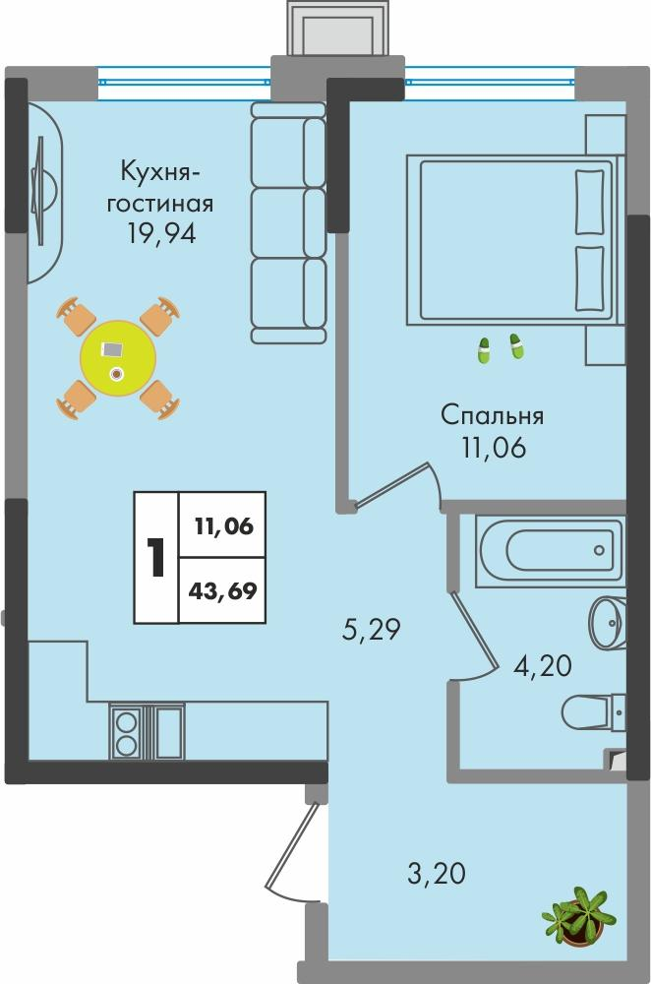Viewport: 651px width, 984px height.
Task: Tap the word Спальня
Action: click(492, 415)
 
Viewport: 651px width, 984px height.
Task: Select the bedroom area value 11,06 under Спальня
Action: click(492, 449)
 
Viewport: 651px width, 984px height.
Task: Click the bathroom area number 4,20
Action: click(543, 667)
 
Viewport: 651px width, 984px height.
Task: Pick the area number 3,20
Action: click(435, 872)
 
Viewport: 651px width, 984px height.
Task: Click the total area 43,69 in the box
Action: click(223, 591)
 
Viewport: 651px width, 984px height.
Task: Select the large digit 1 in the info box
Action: click(156, 557)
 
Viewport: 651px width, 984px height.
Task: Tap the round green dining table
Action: click(119, 355)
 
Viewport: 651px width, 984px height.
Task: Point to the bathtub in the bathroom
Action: click(549, 544)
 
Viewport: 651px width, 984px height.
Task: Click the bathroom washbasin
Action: click(607, 620)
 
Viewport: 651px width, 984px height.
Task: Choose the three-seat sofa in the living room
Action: click(288, 221)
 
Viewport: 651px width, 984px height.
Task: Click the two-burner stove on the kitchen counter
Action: click(127, 732)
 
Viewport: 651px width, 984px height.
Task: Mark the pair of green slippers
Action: click(499, 348)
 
